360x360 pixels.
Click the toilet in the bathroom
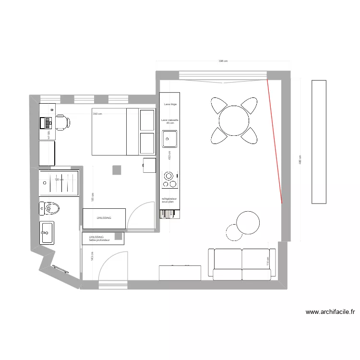[50, 208]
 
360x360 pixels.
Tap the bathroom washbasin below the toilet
[47, 232]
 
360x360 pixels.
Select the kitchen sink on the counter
[169, 140]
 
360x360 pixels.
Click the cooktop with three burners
[169, 179]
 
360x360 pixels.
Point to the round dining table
[234, 120]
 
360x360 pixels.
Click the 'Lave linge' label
[170, 104]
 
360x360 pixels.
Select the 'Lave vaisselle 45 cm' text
[170, 121]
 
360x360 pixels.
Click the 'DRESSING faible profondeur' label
[99, 239]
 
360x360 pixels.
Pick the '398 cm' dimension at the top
[223, 61]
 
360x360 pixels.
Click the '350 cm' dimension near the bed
[98, 114]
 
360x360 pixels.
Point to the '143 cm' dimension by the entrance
[92, 256]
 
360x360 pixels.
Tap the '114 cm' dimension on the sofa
[268, 262]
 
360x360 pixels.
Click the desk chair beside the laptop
[63, 122]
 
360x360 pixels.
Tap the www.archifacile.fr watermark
[330, 312]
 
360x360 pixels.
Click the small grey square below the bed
[117, 170]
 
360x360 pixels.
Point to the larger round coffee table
[248, 222]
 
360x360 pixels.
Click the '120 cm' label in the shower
[59, 180]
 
